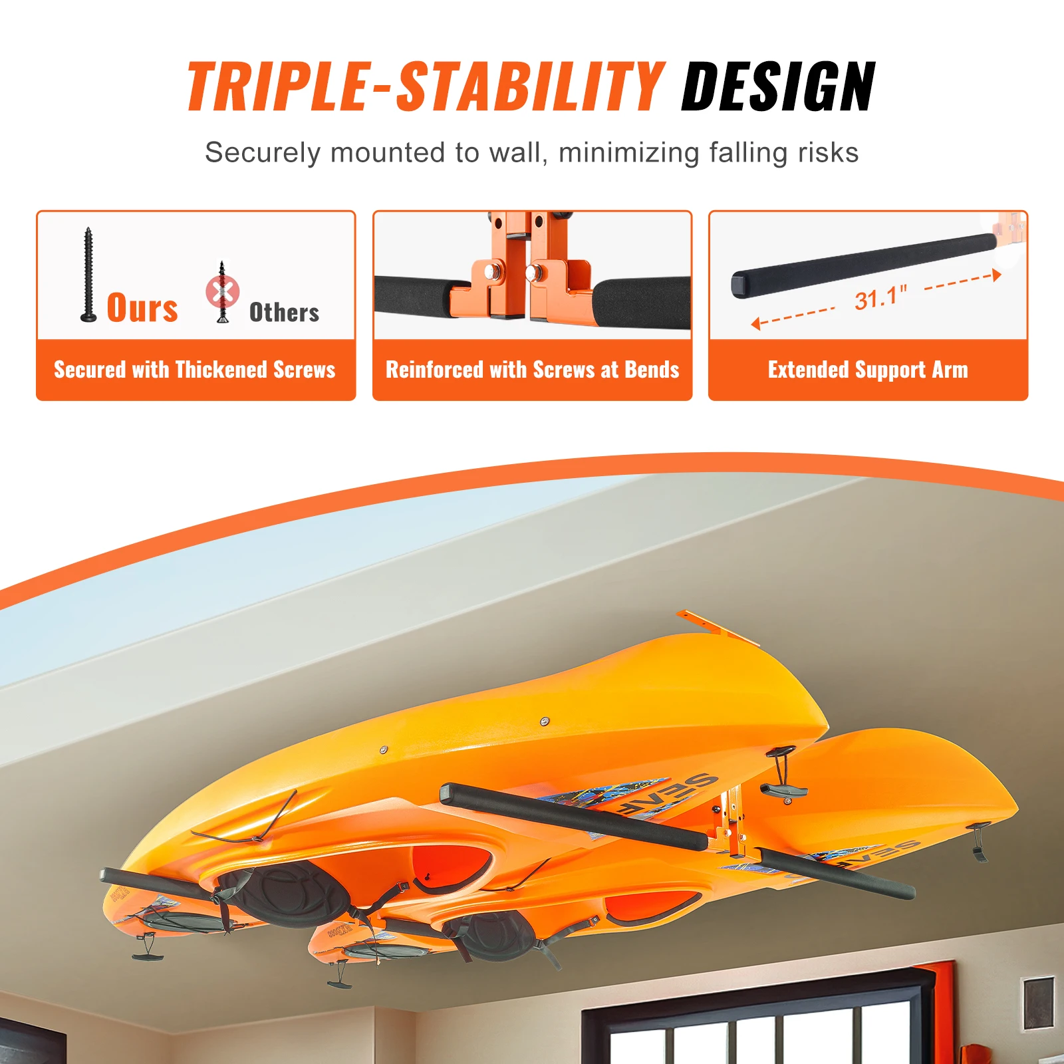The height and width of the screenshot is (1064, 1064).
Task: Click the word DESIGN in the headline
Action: point(778,86)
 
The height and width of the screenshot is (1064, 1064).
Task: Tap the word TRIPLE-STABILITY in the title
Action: point(426,86)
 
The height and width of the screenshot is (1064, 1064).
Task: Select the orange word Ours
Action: point(142,307)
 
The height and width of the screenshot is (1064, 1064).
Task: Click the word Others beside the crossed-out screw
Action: point(284,313)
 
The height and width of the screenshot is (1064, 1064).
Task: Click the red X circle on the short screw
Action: point(222,291)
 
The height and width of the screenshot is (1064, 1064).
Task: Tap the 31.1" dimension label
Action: point(880,297)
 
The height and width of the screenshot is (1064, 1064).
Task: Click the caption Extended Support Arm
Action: point(868,370)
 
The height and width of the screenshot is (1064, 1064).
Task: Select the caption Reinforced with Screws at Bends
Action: point(532,370)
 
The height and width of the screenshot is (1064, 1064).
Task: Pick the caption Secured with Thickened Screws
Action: point(195,370)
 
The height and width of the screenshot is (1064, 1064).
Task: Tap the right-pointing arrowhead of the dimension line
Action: point(996,275)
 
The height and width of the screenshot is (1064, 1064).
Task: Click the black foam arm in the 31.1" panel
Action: point(864,265)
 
